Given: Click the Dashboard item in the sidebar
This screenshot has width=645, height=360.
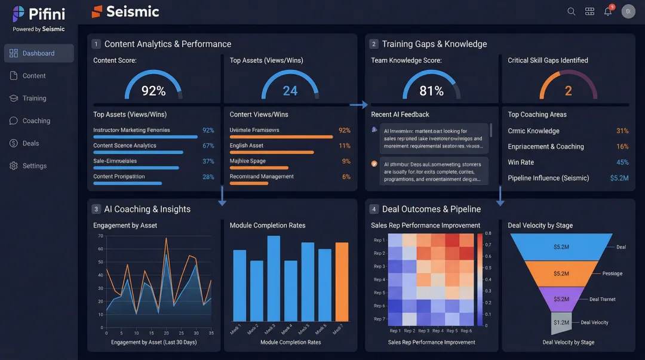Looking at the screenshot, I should tap(38, 53).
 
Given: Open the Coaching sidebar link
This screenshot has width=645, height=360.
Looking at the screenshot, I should tap(36, 121).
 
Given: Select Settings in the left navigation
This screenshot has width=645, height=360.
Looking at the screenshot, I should tap(34, 166).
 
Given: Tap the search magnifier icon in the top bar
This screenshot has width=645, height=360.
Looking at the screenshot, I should tap(572, 11).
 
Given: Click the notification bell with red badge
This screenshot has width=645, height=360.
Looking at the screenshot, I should tap(608, 11).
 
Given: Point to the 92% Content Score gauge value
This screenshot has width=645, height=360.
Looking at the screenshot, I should tap(153, 91).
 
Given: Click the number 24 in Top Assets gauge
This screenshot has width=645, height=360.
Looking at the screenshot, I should tap(290, 91).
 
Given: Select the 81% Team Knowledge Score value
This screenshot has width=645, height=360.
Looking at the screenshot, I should tap(431, 91).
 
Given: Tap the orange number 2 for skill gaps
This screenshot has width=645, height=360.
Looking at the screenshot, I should tap(568, 91).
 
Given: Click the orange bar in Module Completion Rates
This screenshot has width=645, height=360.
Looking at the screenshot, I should tap(342, 282).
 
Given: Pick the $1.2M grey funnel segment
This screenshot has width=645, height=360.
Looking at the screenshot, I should tap(561, 322).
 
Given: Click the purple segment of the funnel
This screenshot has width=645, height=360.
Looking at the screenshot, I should tap(561, 299).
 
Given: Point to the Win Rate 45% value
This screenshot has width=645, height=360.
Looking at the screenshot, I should tap(622, 162).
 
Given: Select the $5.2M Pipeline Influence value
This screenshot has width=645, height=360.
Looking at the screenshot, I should tap(619, 178).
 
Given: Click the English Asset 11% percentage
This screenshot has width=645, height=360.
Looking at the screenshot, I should tap(344, 146).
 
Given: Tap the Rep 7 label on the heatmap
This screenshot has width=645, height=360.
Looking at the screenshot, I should tap(379, 319).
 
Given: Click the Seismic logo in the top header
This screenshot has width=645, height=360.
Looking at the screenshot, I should tap(125, 11).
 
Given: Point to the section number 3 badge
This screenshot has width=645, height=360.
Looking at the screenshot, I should tap(96, 209).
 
